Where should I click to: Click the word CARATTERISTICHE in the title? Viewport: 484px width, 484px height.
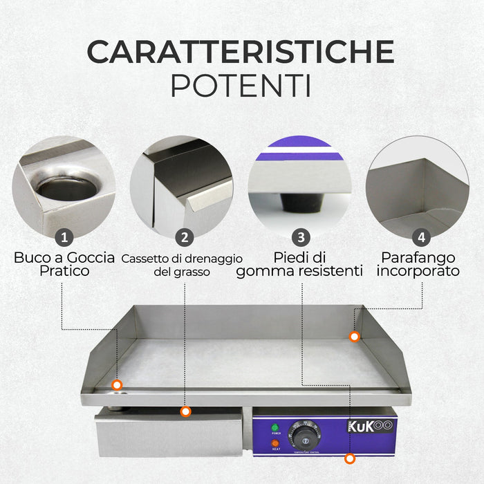coord(241,52)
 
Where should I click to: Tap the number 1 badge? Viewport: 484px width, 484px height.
coord(64,237)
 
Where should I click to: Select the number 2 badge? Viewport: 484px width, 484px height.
coord(184,237)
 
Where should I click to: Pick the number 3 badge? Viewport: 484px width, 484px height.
coord(300,237)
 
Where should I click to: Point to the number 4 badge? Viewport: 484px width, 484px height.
coord(420,237)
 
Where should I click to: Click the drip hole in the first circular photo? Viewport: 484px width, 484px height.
coord(66,187)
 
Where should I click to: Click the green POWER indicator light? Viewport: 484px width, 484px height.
coord(275,427)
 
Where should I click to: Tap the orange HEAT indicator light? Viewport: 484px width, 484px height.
coord(275,443)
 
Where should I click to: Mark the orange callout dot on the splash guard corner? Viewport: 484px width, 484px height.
coord(354,337)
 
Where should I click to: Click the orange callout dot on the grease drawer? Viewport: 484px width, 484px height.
coord(185,412)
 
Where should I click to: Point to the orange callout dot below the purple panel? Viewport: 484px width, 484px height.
coord(351,458)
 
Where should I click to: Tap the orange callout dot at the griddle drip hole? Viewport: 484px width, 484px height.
coord(117,384)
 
